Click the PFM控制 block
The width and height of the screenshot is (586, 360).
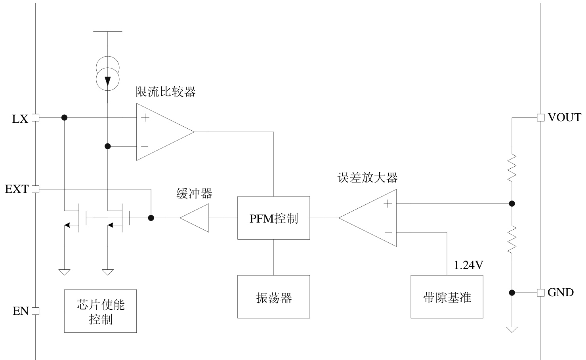(x=273, y=218)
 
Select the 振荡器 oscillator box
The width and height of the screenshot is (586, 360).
(x=273, y=297)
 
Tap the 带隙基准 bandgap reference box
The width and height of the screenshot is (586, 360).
(x=447, y=297)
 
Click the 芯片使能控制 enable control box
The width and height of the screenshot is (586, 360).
(x=100, y=311)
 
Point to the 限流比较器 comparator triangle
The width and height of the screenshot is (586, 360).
(x=160, y=132)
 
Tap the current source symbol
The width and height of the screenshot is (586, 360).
(x=107, y=73)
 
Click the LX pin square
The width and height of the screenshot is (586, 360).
(x=35, y=118)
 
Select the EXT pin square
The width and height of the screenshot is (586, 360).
(x=35, y=189)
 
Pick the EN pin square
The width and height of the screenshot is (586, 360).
(x=35, y=311)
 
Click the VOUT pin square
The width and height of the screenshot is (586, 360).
(x=540, y=118)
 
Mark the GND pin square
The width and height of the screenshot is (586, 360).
(x=540, y=293)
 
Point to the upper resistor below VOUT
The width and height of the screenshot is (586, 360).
(x=512, y=167)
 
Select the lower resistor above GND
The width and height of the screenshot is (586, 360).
(x=512, y=239)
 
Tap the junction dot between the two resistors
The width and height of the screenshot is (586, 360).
(x=512, y=204)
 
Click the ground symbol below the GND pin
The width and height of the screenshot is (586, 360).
(x=512, y=329)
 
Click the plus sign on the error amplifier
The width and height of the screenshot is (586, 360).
(x=388, y=204)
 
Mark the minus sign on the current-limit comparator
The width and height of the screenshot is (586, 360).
(x=145, y=147)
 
